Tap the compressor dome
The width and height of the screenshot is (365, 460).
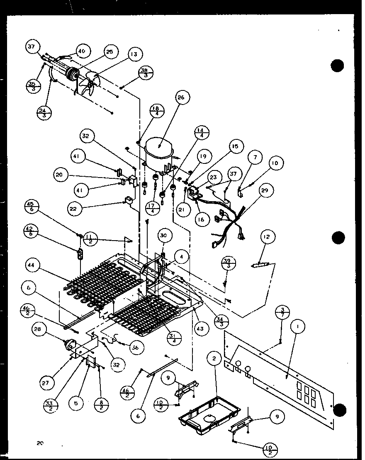[160, 150]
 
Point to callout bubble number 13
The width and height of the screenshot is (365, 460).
[134, 54]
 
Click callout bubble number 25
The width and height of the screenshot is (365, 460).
[109, 52]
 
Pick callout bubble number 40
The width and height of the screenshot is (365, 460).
[82, 51]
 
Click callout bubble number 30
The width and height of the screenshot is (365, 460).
[164, 235]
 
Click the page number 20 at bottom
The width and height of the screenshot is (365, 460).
[40, 443]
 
